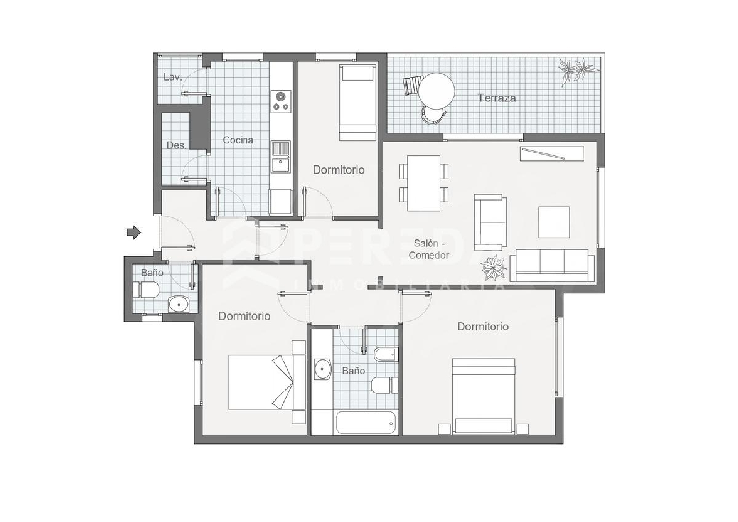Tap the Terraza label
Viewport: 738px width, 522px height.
click(496, 98)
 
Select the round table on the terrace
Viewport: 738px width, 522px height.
click(436, 91)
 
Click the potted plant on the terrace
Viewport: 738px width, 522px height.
click(577, 70)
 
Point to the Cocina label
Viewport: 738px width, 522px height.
click(238, 140)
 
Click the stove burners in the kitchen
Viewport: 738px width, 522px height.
click(281, 100)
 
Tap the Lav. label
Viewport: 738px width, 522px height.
click(173, 77)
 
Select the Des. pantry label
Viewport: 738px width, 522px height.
click(176, 145)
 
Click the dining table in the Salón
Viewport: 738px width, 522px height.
click(424, 183)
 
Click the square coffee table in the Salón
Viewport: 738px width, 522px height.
click(554, 222)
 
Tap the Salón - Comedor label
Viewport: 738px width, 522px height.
click(429, 249)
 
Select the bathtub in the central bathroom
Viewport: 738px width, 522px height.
click(366, 423)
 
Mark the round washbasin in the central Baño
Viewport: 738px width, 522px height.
click(323, 368)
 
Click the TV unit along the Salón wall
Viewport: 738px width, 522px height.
click(552, 154)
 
